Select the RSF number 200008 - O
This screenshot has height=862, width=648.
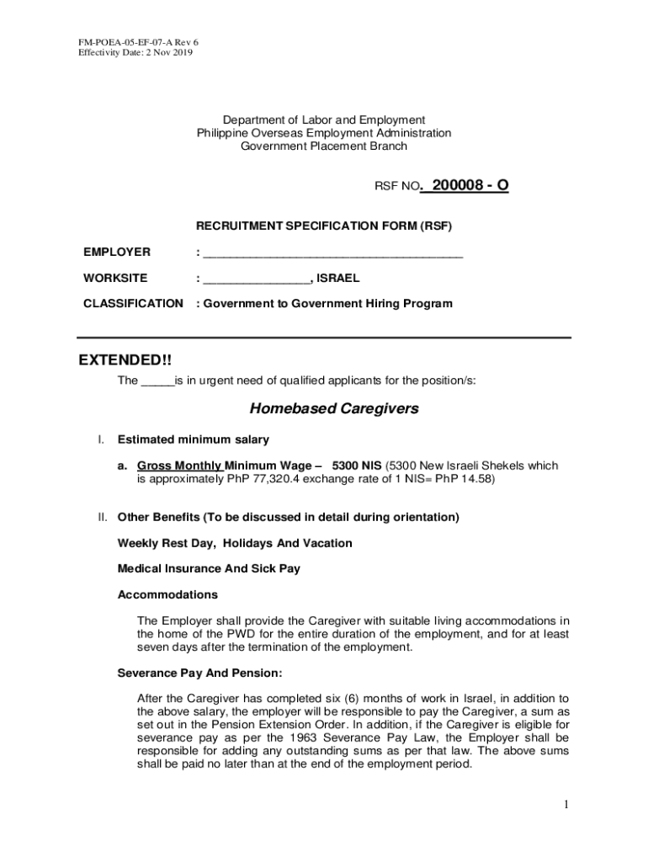tap(465, 186)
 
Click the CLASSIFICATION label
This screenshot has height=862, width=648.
tap(133, 303)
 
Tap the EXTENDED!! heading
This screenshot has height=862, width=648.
tap(125, 360)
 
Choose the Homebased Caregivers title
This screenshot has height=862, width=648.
tap(334, 409)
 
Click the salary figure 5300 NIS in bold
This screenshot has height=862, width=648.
tap(357, 466)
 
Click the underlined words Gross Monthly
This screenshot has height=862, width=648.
tap(179, 466)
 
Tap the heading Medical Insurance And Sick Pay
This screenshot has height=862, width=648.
tap(209, 569)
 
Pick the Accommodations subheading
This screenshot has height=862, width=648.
tap(167, 594)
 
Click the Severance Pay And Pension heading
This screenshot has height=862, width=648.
tap(200, 673)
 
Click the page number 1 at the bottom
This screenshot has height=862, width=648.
tap(566, 805)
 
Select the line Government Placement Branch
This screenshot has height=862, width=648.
tap(324, 146)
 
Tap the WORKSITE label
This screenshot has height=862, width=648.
tap(115, 278)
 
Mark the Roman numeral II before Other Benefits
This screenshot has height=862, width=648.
tap(103, 517)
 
